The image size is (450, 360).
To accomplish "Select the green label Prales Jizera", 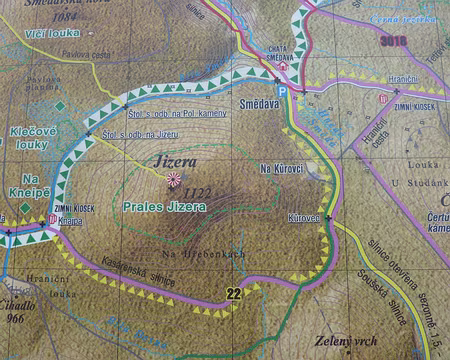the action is pos(164,206).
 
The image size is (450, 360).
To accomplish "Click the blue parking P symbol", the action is pos(282,90).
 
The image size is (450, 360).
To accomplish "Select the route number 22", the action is pos(234,292).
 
